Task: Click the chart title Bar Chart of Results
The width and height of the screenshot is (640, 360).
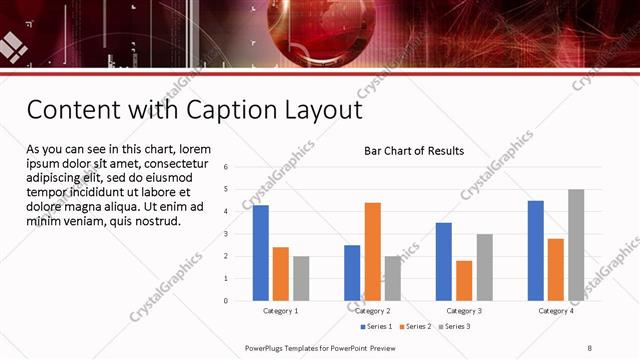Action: tap(413, 151)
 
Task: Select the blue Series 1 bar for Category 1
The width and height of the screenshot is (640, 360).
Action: tap(261, 252)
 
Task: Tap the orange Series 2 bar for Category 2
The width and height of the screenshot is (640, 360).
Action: tap(373, 251)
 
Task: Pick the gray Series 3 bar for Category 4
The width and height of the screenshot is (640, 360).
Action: tap(576, 245)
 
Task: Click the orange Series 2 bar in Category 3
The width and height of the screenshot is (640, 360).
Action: tap(465, 280)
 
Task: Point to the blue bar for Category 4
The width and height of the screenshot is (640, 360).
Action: tap(536, 250)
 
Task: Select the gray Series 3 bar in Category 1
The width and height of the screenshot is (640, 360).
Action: tap(301, 278)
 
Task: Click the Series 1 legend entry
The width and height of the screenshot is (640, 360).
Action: tap(376, 326)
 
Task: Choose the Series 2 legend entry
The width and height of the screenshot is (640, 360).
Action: tap(417, 326)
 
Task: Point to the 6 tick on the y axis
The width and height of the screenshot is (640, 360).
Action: tap(226, 167)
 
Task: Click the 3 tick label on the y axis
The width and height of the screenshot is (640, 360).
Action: tap(226, 234)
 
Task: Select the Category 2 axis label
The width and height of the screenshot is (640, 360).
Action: tap(372, 311)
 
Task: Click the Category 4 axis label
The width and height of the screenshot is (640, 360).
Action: tap(556, 311)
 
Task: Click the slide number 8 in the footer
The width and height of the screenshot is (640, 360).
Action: tap(588, 347)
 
